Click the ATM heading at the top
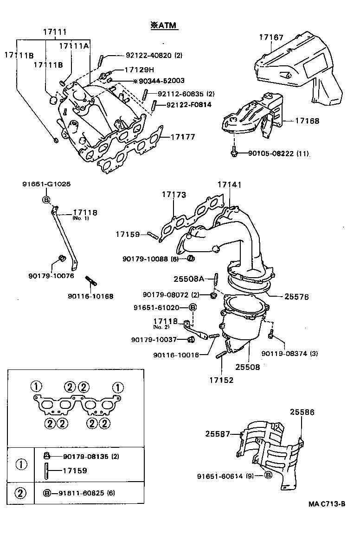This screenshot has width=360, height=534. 163,26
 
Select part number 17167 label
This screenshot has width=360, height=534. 271,38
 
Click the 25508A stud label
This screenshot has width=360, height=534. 189,279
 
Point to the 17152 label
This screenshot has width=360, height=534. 221,380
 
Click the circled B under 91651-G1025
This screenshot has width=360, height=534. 46,200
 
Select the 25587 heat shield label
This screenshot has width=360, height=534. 218,434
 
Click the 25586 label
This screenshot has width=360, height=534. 302,411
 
